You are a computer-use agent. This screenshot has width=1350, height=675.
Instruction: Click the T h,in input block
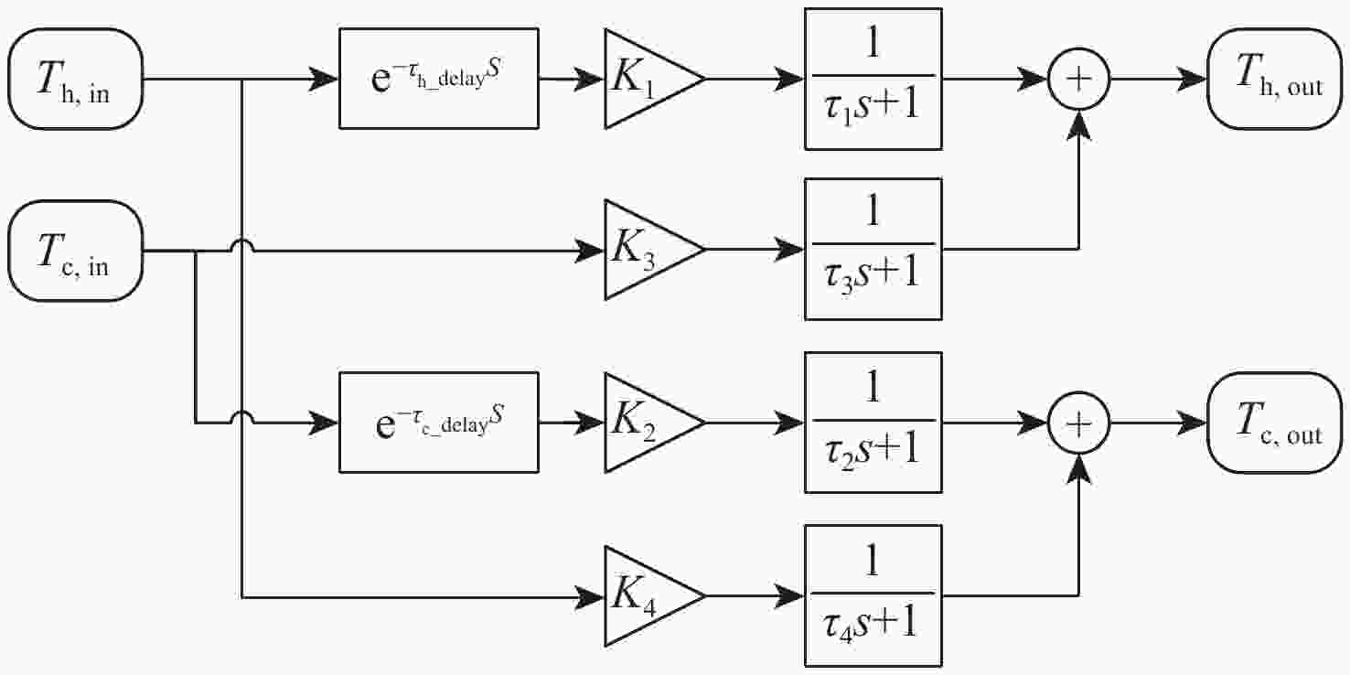pos(75,79)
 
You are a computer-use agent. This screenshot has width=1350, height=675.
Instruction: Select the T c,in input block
pos(75,250)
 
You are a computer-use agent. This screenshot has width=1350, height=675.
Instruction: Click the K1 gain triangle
pos(645,79)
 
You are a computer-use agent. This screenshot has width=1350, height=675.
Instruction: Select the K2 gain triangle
pos(645,423)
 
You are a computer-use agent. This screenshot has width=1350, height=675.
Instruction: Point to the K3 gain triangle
pos(645,250)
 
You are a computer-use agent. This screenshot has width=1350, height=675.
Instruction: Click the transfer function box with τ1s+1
pos(873,79)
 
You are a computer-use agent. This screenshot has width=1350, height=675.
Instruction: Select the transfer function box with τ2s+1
pos(873,423)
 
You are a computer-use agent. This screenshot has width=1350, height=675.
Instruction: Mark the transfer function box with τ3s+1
pos(873,250)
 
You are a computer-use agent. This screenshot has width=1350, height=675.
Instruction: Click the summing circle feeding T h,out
pos(1080,79)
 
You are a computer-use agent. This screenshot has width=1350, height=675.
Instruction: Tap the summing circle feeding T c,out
pos(1080,423)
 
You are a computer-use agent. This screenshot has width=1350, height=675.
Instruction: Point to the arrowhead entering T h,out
pos(1194,79)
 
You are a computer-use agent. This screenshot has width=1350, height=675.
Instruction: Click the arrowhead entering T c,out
pos(1194,423)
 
